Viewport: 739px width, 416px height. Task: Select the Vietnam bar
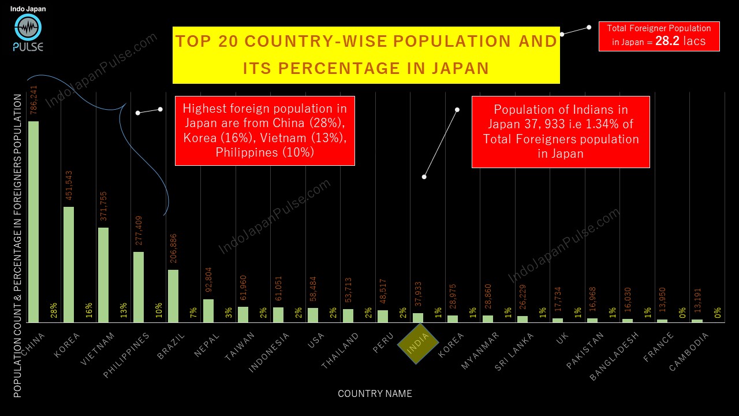click(103, 274)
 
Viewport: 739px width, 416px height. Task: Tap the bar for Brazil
click(173, 295)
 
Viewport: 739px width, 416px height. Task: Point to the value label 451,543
click(68, 185)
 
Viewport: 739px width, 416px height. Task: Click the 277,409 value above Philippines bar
click(139, 231)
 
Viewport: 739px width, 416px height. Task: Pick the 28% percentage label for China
click(54, 310)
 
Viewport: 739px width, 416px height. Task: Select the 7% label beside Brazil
click(193, 313)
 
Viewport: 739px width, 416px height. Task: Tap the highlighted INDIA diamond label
click(419, 343)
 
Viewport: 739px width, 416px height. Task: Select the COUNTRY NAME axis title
click(375, 393)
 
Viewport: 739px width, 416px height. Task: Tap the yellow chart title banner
click(366, 55)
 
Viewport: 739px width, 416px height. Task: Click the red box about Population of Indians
click(561, 132)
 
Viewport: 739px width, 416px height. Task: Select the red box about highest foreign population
click(265, 131)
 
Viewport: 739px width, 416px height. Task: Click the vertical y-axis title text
click(18, 246)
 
